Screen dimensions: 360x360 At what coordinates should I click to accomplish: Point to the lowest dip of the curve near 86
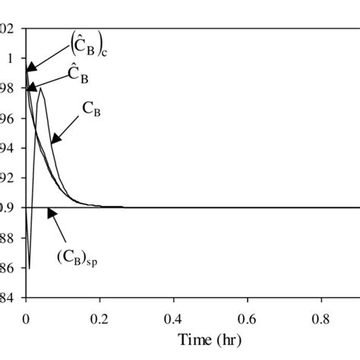(x=29, y=267)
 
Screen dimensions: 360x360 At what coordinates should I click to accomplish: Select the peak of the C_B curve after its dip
(x=41, y=88)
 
